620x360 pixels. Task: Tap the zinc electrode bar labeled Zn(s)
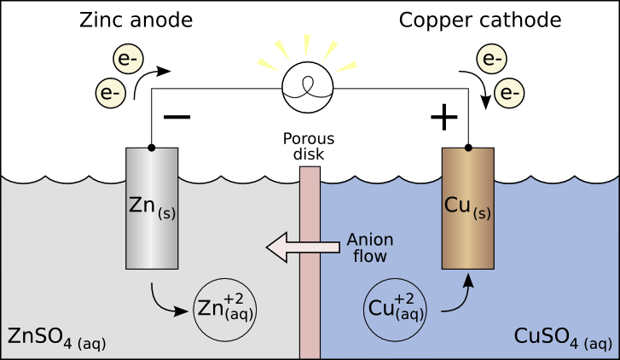[152, 208]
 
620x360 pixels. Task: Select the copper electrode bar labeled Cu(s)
[467, 208]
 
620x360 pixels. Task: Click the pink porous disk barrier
[310, 262]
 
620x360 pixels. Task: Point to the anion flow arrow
[303, 247]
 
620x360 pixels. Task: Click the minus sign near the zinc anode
[177, 117]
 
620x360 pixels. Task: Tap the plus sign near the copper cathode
[444, 117]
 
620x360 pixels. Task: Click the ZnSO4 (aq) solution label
[56, 338]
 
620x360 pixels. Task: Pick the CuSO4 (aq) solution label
[563, 338]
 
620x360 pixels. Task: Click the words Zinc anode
[136, 20]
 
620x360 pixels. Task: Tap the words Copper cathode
[480, 20]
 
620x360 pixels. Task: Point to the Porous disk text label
[309, 146]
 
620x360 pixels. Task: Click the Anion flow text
[370, 247]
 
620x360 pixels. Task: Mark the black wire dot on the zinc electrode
[152, 148]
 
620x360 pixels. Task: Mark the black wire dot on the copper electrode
[468, 148]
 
